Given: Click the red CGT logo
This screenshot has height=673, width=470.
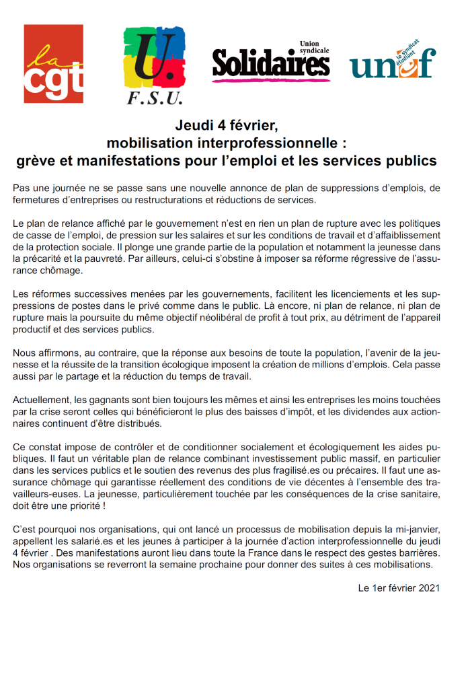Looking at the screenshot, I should click(54, 64).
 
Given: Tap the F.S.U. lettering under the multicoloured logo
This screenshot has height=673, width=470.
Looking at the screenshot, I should click(154, 99).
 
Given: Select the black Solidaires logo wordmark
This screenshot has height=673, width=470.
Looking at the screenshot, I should click(270, 65).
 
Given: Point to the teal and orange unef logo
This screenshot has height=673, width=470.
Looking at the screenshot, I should click(392, 63).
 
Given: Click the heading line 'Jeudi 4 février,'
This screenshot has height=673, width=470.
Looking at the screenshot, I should click(226, 126).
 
